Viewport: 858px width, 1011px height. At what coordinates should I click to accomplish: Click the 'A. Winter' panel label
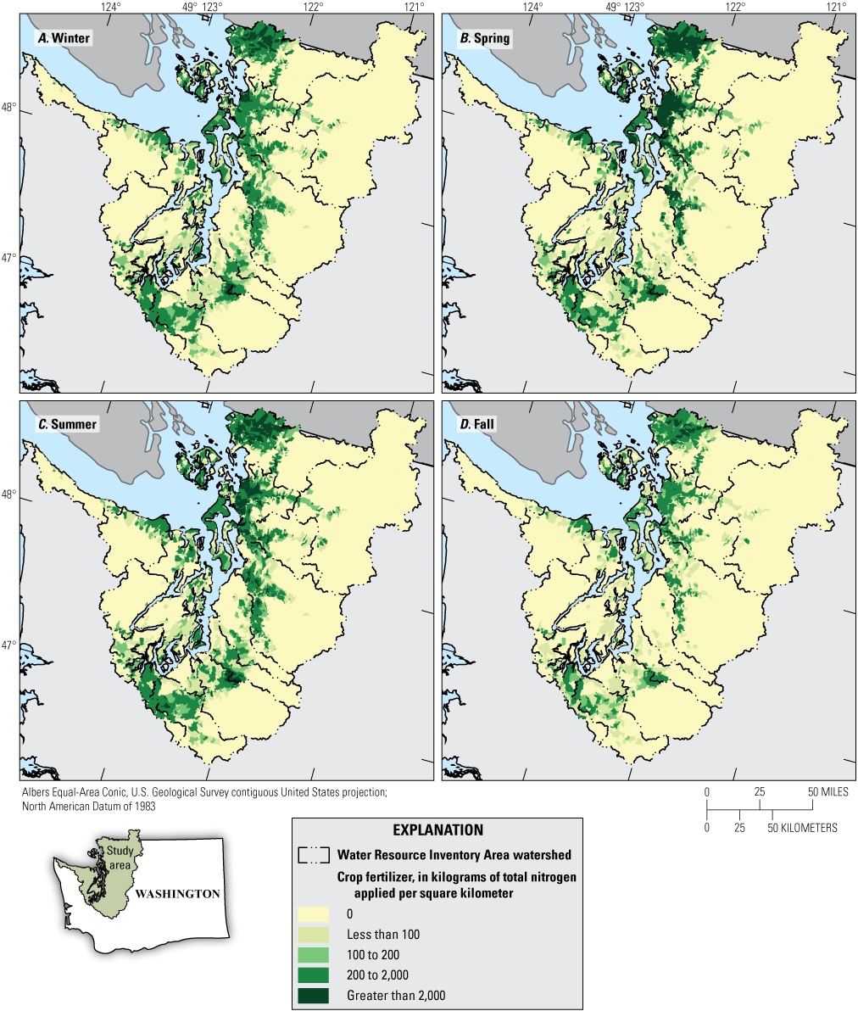click(x=62, y=38)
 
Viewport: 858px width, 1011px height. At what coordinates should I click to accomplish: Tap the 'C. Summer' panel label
click(x=64, y=423)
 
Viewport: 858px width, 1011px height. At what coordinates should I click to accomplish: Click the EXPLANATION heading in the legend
click(x=437, y=830)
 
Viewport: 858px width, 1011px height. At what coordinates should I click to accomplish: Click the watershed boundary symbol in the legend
click(x=314, y=855)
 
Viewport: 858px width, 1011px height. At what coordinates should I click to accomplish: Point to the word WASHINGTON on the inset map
click(x=177, y=893)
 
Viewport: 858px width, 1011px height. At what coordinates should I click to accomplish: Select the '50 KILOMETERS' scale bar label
click(x=804, y=827)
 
